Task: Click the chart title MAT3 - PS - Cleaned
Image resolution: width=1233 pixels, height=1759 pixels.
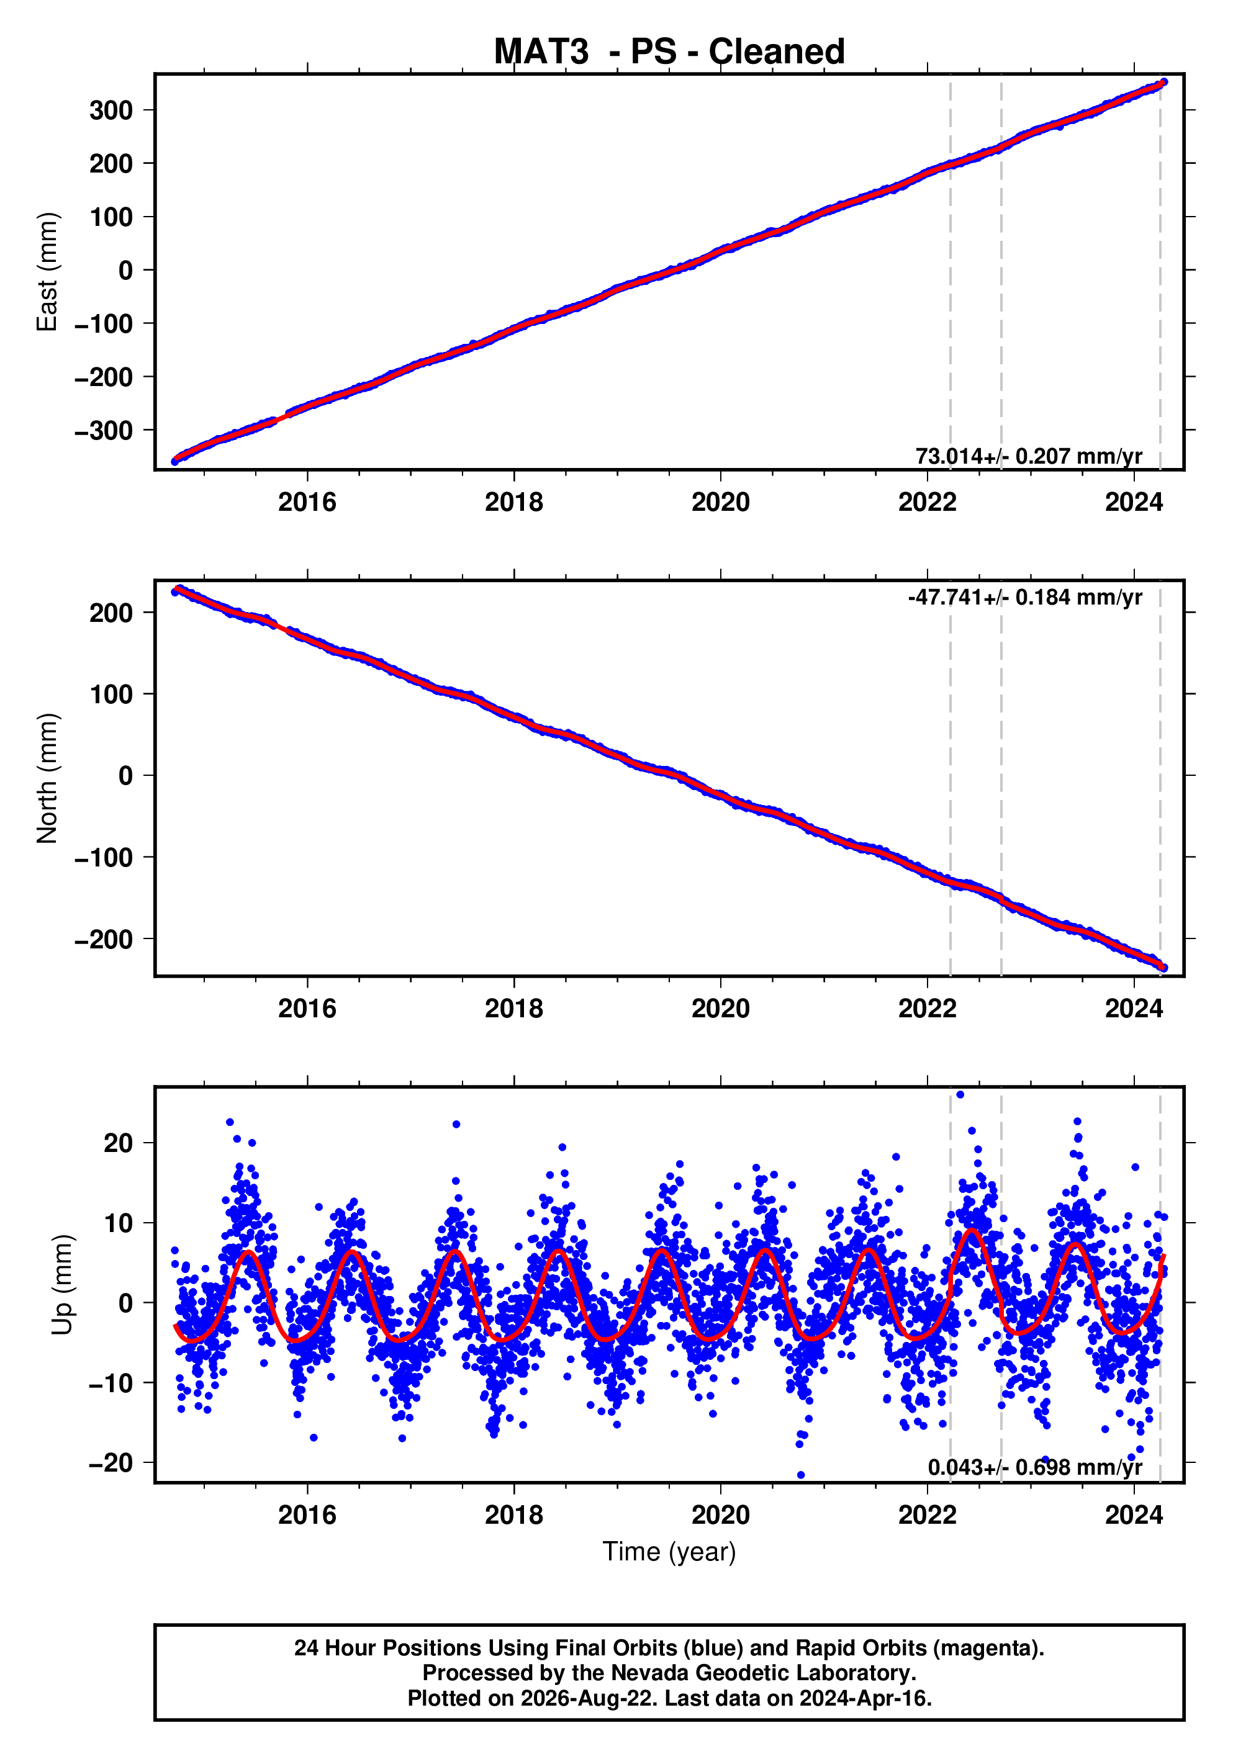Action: click(x=669, y=52)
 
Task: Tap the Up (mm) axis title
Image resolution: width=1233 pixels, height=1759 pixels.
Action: click(x=63, y=1285)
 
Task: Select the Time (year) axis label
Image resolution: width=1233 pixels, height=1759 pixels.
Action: click(x=669, y=1551)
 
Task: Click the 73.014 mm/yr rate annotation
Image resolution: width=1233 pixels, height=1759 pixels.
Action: click(x=1028, y=456)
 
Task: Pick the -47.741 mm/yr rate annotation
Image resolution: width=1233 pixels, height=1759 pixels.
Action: click(x=1024, y=597)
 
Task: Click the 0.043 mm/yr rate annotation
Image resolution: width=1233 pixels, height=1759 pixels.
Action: click(x=1034, y=1466)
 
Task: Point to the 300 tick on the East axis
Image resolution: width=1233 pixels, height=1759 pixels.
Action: click(x=111, y=110)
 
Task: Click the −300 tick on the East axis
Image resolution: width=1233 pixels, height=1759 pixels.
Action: click(x=104, y=431)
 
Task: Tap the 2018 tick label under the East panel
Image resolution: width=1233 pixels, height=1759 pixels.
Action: click(x=513, y=503)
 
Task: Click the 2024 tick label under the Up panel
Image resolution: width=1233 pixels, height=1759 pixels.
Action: click(x=1134, y=1515)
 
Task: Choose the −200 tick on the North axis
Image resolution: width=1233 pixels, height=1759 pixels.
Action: click(x=104, y=939)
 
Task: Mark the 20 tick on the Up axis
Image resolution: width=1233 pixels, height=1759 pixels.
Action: click(x=119, y=1143)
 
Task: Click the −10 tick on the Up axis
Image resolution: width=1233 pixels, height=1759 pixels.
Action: click(x=111, y=1383)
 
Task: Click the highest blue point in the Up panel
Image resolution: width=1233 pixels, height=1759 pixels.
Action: click(x=960, y=1095)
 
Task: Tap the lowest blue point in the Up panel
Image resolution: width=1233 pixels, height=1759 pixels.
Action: click(x=801, y=1475)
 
